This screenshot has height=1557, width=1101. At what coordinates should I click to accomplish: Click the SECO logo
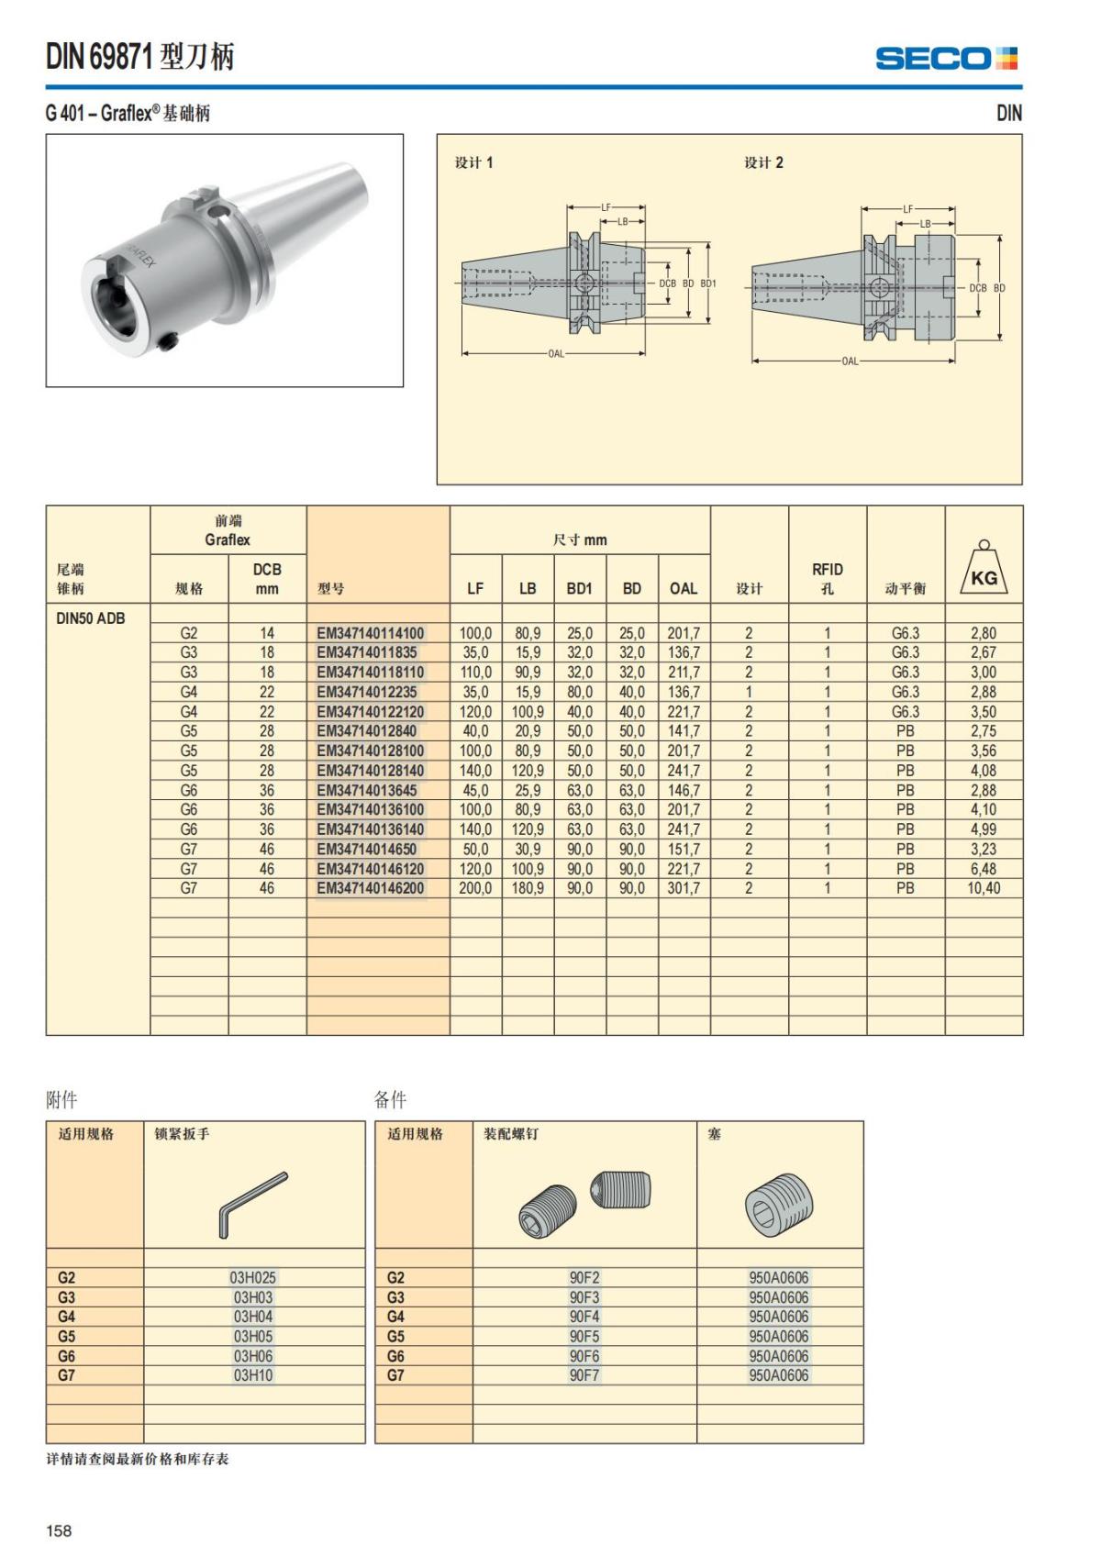[x=946, y=59]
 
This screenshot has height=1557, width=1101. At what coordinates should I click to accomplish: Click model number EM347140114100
[x=371, y=633]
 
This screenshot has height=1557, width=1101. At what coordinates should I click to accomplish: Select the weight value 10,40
[x=983, y=888]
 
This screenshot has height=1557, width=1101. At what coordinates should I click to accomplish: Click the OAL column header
[x=683, y=588]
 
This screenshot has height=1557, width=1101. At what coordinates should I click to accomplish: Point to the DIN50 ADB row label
[x=90, y=617]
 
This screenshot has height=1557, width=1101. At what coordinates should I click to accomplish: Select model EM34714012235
[x=366, y=692]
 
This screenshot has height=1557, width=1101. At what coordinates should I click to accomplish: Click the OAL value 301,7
[x=683, y=888]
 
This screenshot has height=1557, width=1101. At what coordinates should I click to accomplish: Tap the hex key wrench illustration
[x=252, y=1203]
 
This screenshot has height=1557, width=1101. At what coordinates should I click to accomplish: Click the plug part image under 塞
[x=779, y=1204]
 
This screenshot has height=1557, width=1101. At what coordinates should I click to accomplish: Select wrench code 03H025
[x=252, y=1277]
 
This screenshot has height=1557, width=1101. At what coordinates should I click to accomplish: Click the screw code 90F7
[x=584, y=1375]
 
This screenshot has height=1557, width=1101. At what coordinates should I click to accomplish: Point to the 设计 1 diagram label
[x=473, y=162]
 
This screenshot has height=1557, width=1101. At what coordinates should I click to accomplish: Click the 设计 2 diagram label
[x=763, y=162]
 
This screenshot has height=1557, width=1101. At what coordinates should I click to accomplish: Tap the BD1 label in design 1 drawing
[x=708, y=284]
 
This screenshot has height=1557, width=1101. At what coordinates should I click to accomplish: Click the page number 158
[x=59, y=1530]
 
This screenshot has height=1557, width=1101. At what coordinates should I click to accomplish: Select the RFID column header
[x=827, y=578]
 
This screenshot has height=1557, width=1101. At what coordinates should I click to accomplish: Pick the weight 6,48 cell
[x=983, y=869]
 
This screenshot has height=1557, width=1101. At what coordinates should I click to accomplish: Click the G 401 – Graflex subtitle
[x=128, y=113]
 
